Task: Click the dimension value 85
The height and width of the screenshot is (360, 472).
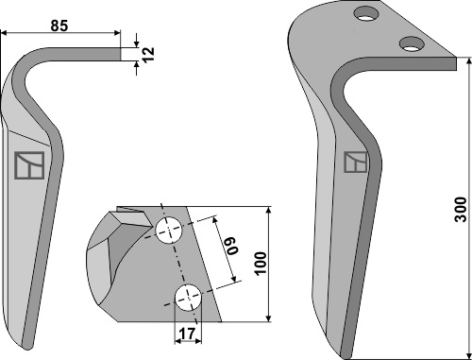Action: tap(59, 26)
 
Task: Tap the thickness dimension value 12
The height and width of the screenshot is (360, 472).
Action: tap(148, 54)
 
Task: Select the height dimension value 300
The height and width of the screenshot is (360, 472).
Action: tap(462, 210)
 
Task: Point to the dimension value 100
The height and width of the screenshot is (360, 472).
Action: tap(261, 264)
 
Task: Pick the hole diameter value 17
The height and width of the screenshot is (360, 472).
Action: tap(188, 334)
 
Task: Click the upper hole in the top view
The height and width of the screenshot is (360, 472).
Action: tap(169, 230)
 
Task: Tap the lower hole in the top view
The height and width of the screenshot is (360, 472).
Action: tap(189, 298)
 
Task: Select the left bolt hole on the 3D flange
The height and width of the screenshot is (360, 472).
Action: tap(366, 14)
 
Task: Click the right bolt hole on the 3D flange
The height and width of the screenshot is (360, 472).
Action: tap(412, 43)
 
